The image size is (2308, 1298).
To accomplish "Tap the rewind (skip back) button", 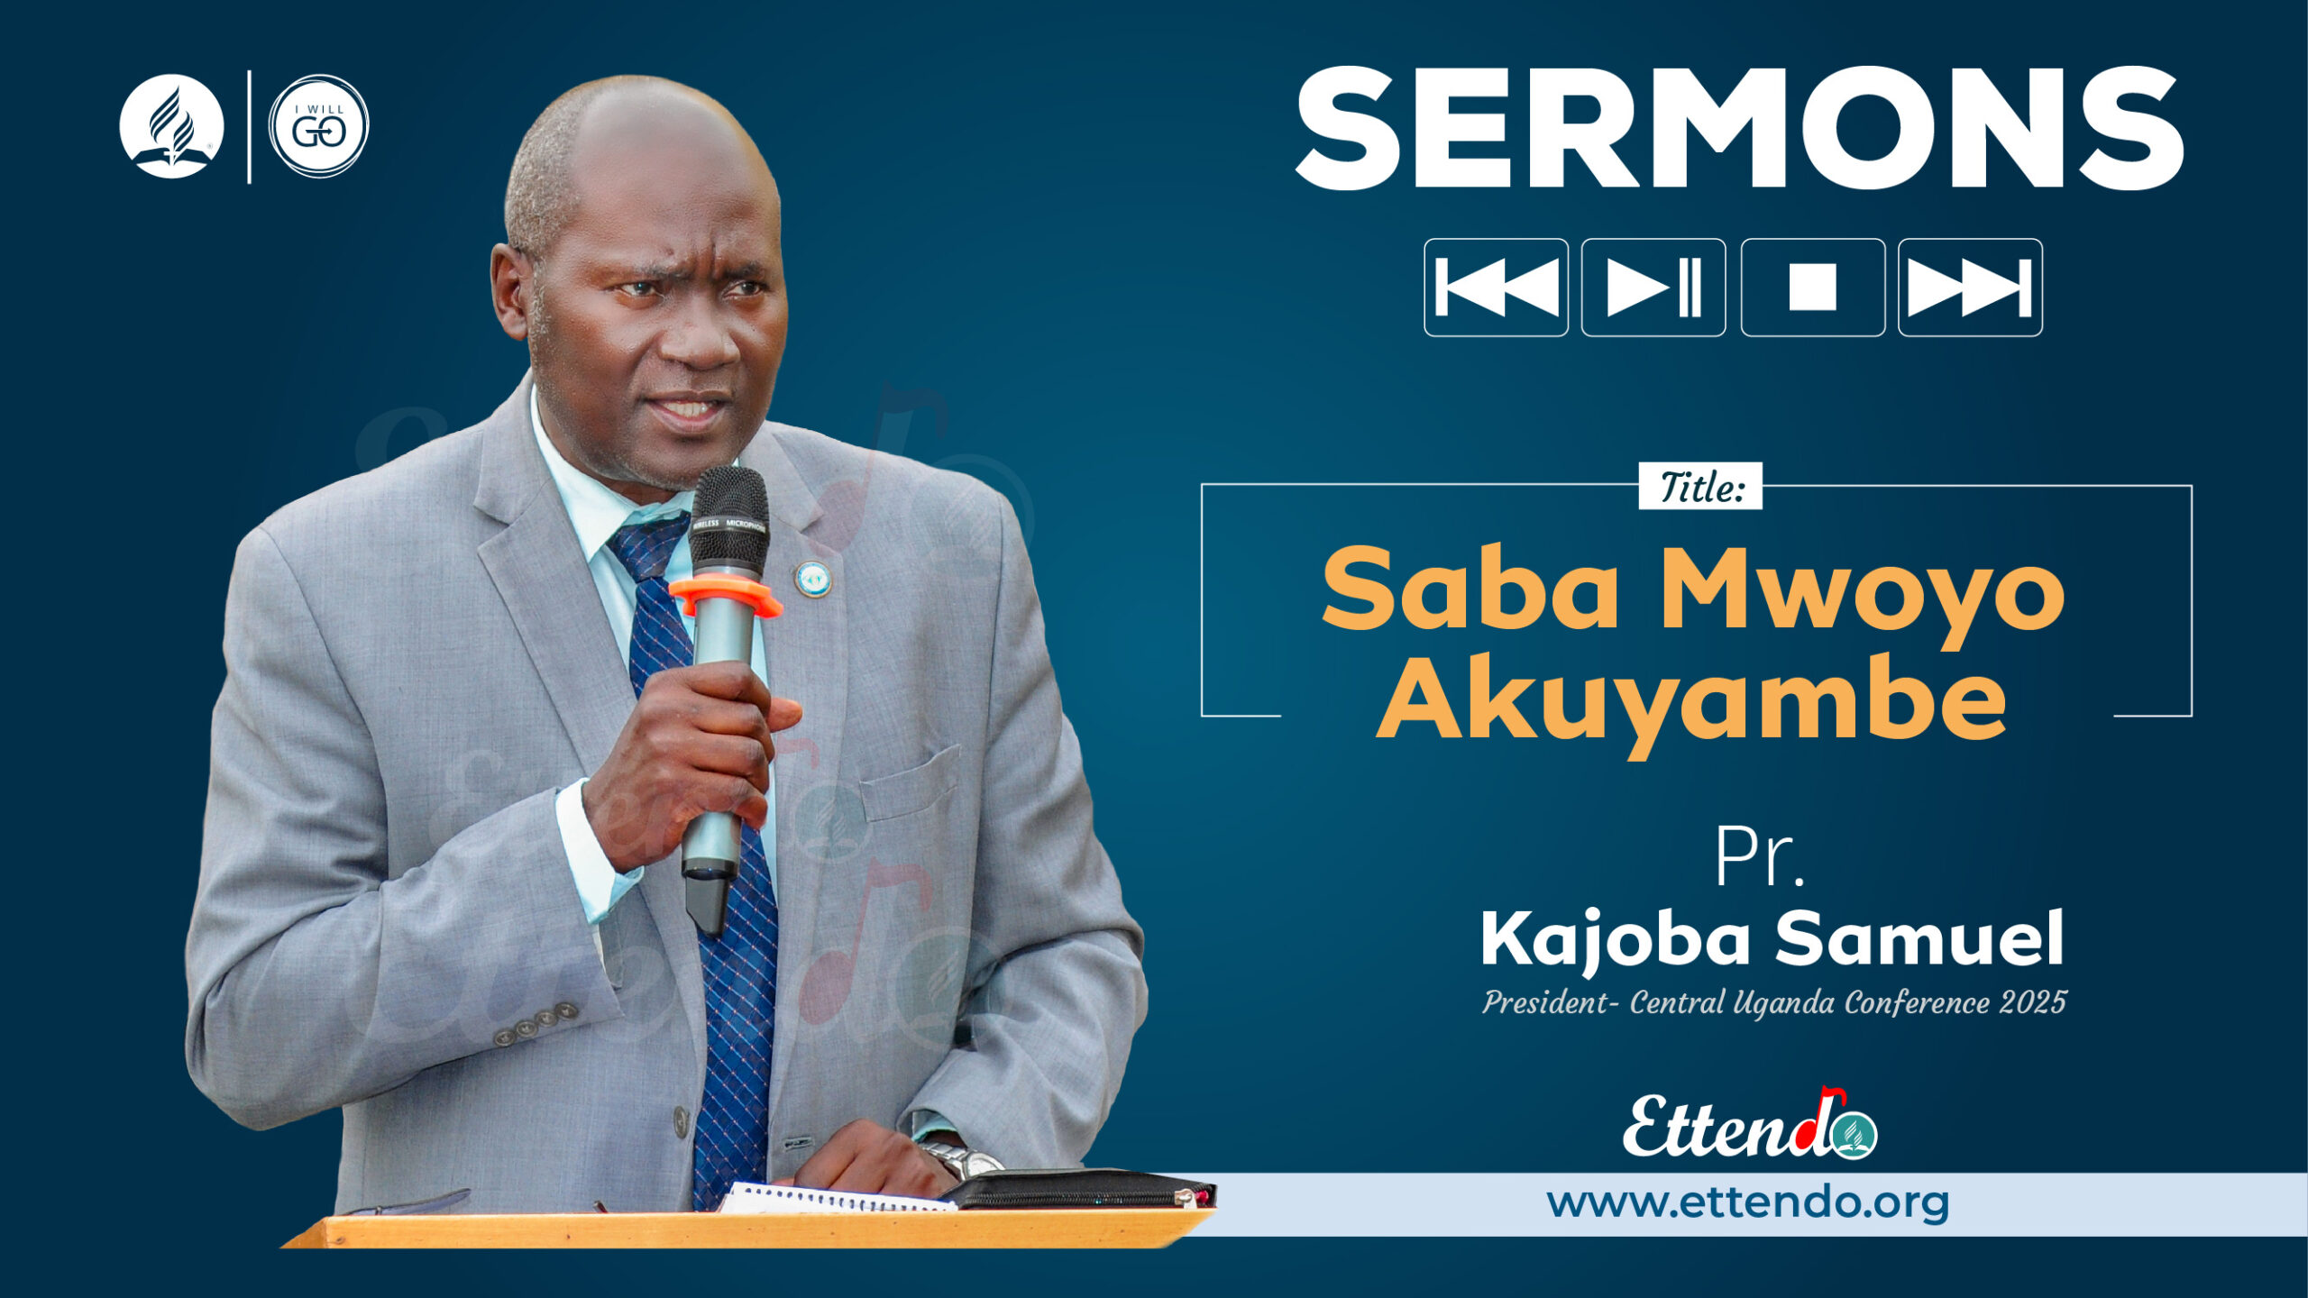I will [1496, 288].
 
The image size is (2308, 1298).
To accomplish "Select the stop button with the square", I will [1812, 288].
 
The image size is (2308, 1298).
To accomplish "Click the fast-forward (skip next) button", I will [1970, 288].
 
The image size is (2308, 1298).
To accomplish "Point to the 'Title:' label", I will [1699, 487].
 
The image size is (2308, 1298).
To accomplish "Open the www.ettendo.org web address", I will [1747, 1203].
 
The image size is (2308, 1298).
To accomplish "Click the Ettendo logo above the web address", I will [1749, 1127].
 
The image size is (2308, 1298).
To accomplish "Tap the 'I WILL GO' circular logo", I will [319, 126].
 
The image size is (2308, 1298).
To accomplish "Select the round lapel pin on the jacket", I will [812, 579].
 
